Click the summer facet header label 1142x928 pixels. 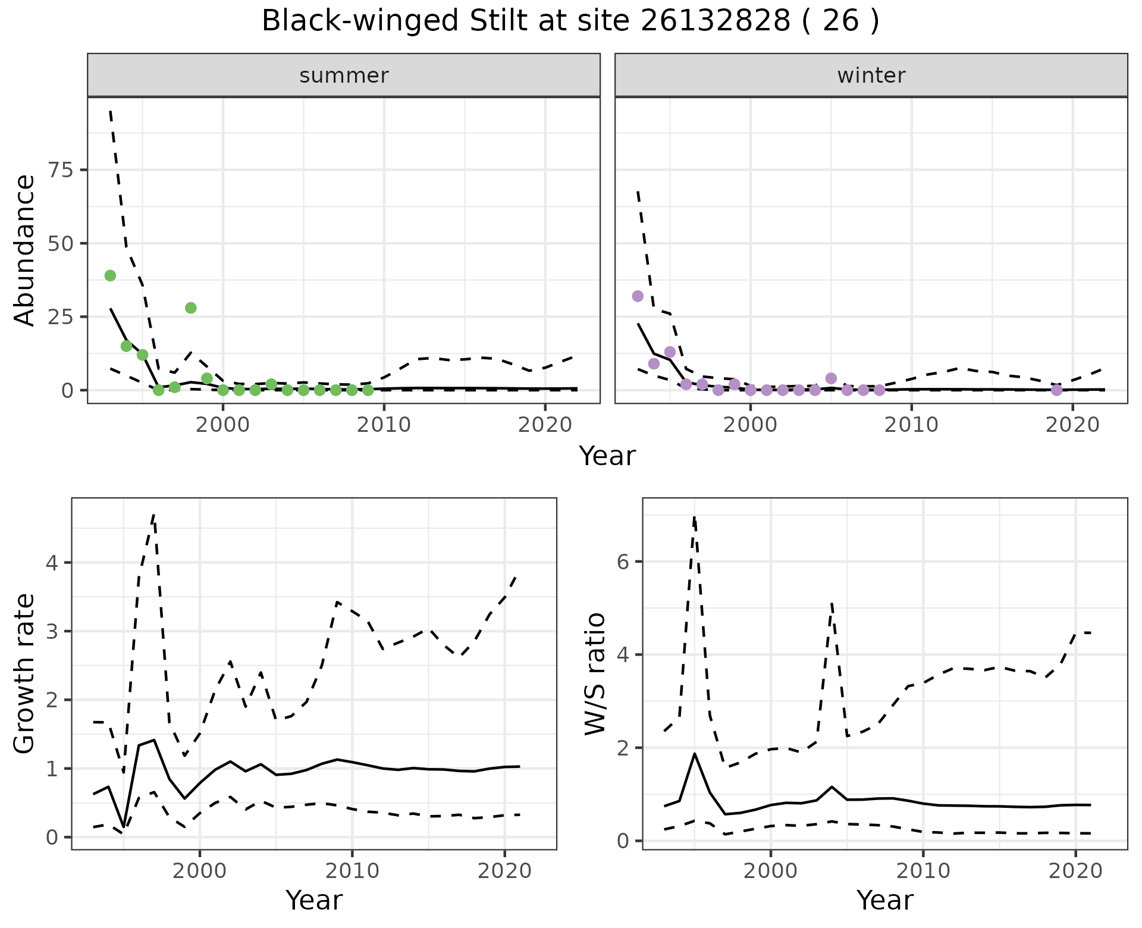(x=344, y=76)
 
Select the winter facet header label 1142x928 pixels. (x=871, y=76)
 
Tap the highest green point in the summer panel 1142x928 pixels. (x=110, y=275)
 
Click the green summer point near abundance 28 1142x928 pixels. (x=190, y=308)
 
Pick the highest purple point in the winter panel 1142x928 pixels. (x=638, y=296)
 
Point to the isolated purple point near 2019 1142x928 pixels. (x=1056, y=390)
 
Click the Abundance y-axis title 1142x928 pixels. (x=25, y=250)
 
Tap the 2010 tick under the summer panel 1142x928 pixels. (x=384, y=425)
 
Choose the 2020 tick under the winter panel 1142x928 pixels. (x=1072, y=425)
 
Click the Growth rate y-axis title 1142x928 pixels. (x=25, y=673)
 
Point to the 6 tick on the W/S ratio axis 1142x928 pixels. (x=623, y=562)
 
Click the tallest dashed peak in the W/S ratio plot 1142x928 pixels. (x=694, y=518)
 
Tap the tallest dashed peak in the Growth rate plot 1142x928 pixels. (x=153, y=515)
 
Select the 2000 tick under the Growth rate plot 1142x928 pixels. (x=200, y=872)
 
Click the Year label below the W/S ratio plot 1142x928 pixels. (x=885, y=901)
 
